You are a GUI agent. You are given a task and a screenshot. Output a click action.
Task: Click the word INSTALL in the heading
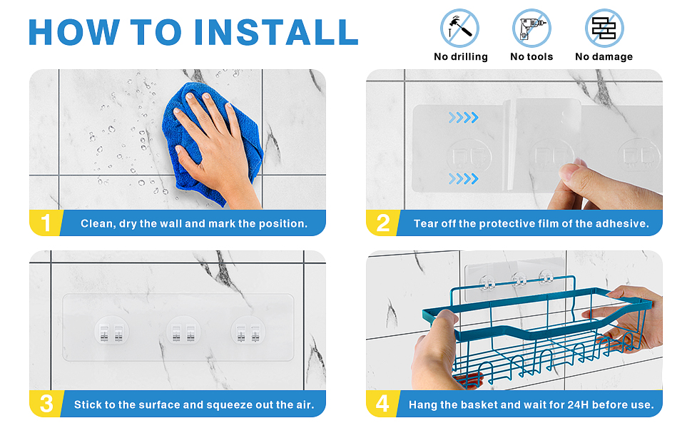point(276,32)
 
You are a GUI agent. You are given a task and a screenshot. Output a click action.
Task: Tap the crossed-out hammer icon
point(460,29)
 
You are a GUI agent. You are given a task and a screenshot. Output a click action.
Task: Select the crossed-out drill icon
point(531,29)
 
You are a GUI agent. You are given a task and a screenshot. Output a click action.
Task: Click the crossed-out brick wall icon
point(604,29)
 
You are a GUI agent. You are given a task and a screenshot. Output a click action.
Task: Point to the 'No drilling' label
point(460,56)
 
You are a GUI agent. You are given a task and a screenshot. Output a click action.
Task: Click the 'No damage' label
point(604,56)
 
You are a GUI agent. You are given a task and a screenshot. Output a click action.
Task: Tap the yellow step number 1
point(46,223)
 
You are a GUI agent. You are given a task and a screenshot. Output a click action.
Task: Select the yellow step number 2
point(382,223)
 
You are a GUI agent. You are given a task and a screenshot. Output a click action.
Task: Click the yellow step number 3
point(46,404)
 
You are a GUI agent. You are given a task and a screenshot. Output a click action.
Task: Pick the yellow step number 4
point(382,404)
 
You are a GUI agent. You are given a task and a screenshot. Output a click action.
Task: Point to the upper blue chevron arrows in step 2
point(464,118)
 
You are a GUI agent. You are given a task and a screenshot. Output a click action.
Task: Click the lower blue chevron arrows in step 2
point(464,179)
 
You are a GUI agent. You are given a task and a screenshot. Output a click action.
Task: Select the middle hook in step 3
point(183,332)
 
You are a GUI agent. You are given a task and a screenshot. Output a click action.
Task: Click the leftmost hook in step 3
point(111,332)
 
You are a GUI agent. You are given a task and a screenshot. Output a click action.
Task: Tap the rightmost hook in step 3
point(248,332)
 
